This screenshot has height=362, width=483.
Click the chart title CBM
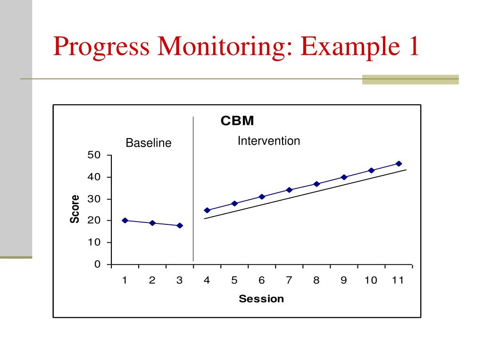pos(237,122)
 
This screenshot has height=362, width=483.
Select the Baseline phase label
pos(149,143)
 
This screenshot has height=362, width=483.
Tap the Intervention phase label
pos(268,141)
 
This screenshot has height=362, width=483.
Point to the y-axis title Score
pos(75,209)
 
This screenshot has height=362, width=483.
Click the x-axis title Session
pos(261,298)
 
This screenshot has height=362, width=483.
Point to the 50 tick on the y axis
pos(94,155)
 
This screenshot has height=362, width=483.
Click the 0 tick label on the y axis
pos(97,264)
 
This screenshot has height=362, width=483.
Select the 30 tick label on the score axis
pos(94,199)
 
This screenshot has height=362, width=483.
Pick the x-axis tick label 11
pos(398,280)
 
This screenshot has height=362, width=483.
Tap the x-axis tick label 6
pos(261,280)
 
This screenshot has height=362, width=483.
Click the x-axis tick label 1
pos(125,280)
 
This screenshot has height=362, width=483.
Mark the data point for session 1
pos(125,220)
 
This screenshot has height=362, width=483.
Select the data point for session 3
pos(180,225)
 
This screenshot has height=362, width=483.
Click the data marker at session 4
pos(207,210)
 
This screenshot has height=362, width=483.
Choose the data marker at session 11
pos(399,164)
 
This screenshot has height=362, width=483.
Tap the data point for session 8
pos(316,184)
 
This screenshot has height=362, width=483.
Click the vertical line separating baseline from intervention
pos(193,189)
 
